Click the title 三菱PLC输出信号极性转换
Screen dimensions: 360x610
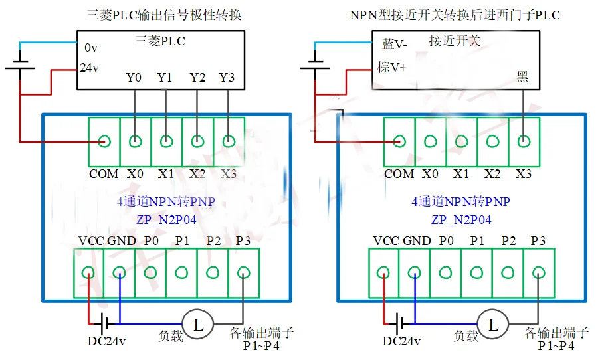[163, 14]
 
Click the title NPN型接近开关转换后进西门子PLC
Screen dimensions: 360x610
[455, 14]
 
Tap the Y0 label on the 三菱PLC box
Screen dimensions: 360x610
[134, 78]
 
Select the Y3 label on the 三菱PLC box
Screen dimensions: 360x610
[227, 78]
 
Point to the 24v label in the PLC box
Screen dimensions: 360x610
[90, 68]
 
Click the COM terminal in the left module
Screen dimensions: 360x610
[104, 141]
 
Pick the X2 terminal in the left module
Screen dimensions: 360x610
[197, 141]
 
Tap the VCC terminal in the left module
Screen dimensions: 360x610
[88, 272]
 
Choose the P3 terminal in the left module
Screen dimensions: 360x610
[243, 272]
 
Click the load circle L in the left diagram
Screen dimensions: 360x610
[197, 324]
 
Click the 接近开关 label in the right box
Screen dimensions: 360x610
[455, 41]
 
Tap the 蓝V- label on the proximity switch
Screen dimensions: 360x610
[394, 45]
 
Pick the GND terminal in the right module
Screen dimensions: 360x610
[415, 272]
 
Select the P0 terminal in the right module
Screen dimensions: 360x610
[445, 272]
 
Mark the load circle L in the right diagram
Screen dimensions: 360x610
[493, 324]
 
